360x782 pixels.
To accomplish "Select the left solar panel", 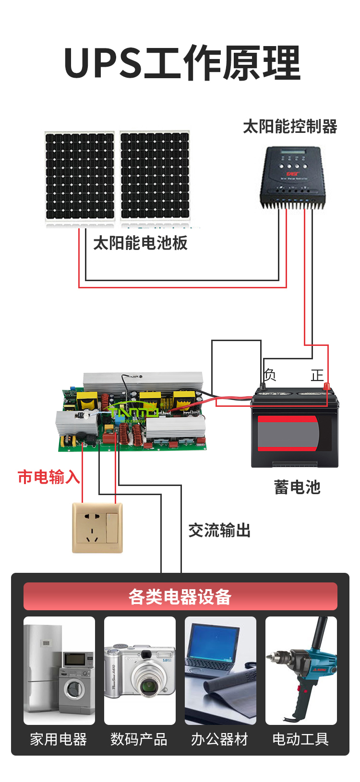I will click(x=80, y=176).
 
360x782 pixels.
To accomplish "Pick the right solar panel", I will click(x=155, y=176).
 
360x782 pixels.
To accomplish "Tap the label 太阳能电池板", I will click(x=140, y=243).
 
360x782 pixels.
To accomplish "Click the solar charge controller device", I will click(x=293, y=178).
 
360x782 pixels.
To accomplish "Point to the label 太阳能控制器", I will click(x=290, y=127).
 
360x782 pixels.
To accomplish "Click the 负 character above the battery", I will click(x=270, y=375).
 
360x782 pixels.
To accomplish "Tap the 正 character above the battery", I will click(x=317, y=375).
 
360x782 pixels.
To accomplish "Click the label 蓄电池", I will click(x=297, y=487).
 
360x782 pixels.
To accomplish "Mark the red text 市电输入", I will click(x=48, y=477).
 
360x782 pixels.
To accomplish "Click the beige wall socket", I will click(x=97, y=527).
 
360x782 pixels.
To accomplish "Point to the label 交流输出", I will click(x=219, y=531).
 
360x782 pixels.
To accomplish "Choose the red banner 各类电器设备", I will click(x=180, y=596).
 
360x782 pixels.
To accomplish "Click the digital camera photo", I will click(x=140, y=671).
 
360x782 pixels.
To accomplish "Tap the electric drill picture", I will click(x=301, y=671).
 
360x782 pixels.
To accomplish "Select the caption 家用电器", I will click(x=59, y=739).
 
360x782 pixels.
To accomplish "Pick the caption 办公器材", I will click(x=220, y=739).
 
